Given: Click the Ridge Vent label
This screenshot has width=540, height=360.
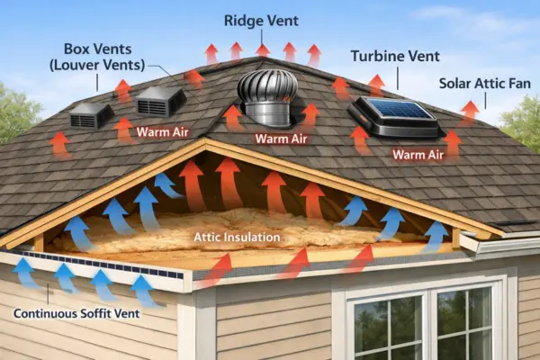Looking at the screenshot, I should [x=262, y=19].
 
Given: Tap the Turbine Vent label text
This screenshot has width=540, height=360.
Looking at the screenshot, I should [x=396, y=56].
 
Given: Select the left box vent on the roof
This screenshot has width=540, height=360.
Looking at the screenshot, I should [x=91, y=114].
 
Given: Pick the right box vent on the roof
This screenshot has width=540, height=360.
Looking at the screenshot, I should [x=159, y=101].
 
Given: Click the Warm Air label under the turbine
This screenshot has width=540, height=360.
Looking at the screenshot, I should [x=282, y=139].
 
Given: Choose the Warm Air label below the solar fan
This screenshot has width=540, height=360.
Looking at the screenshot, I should [x=418, y=154].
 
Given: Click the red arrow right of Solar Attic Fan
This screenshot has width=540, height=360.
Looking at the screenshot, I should [x=469, y=111].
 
